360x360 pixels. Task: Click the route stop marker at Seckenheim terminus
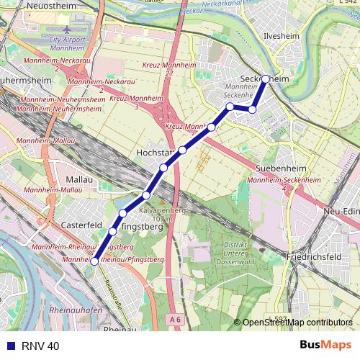(x=266, y=78)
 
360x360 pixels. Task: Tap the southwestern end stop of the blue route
(x=94, y=262)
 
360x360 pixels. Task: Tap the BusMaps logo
(x=325, y=345)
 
